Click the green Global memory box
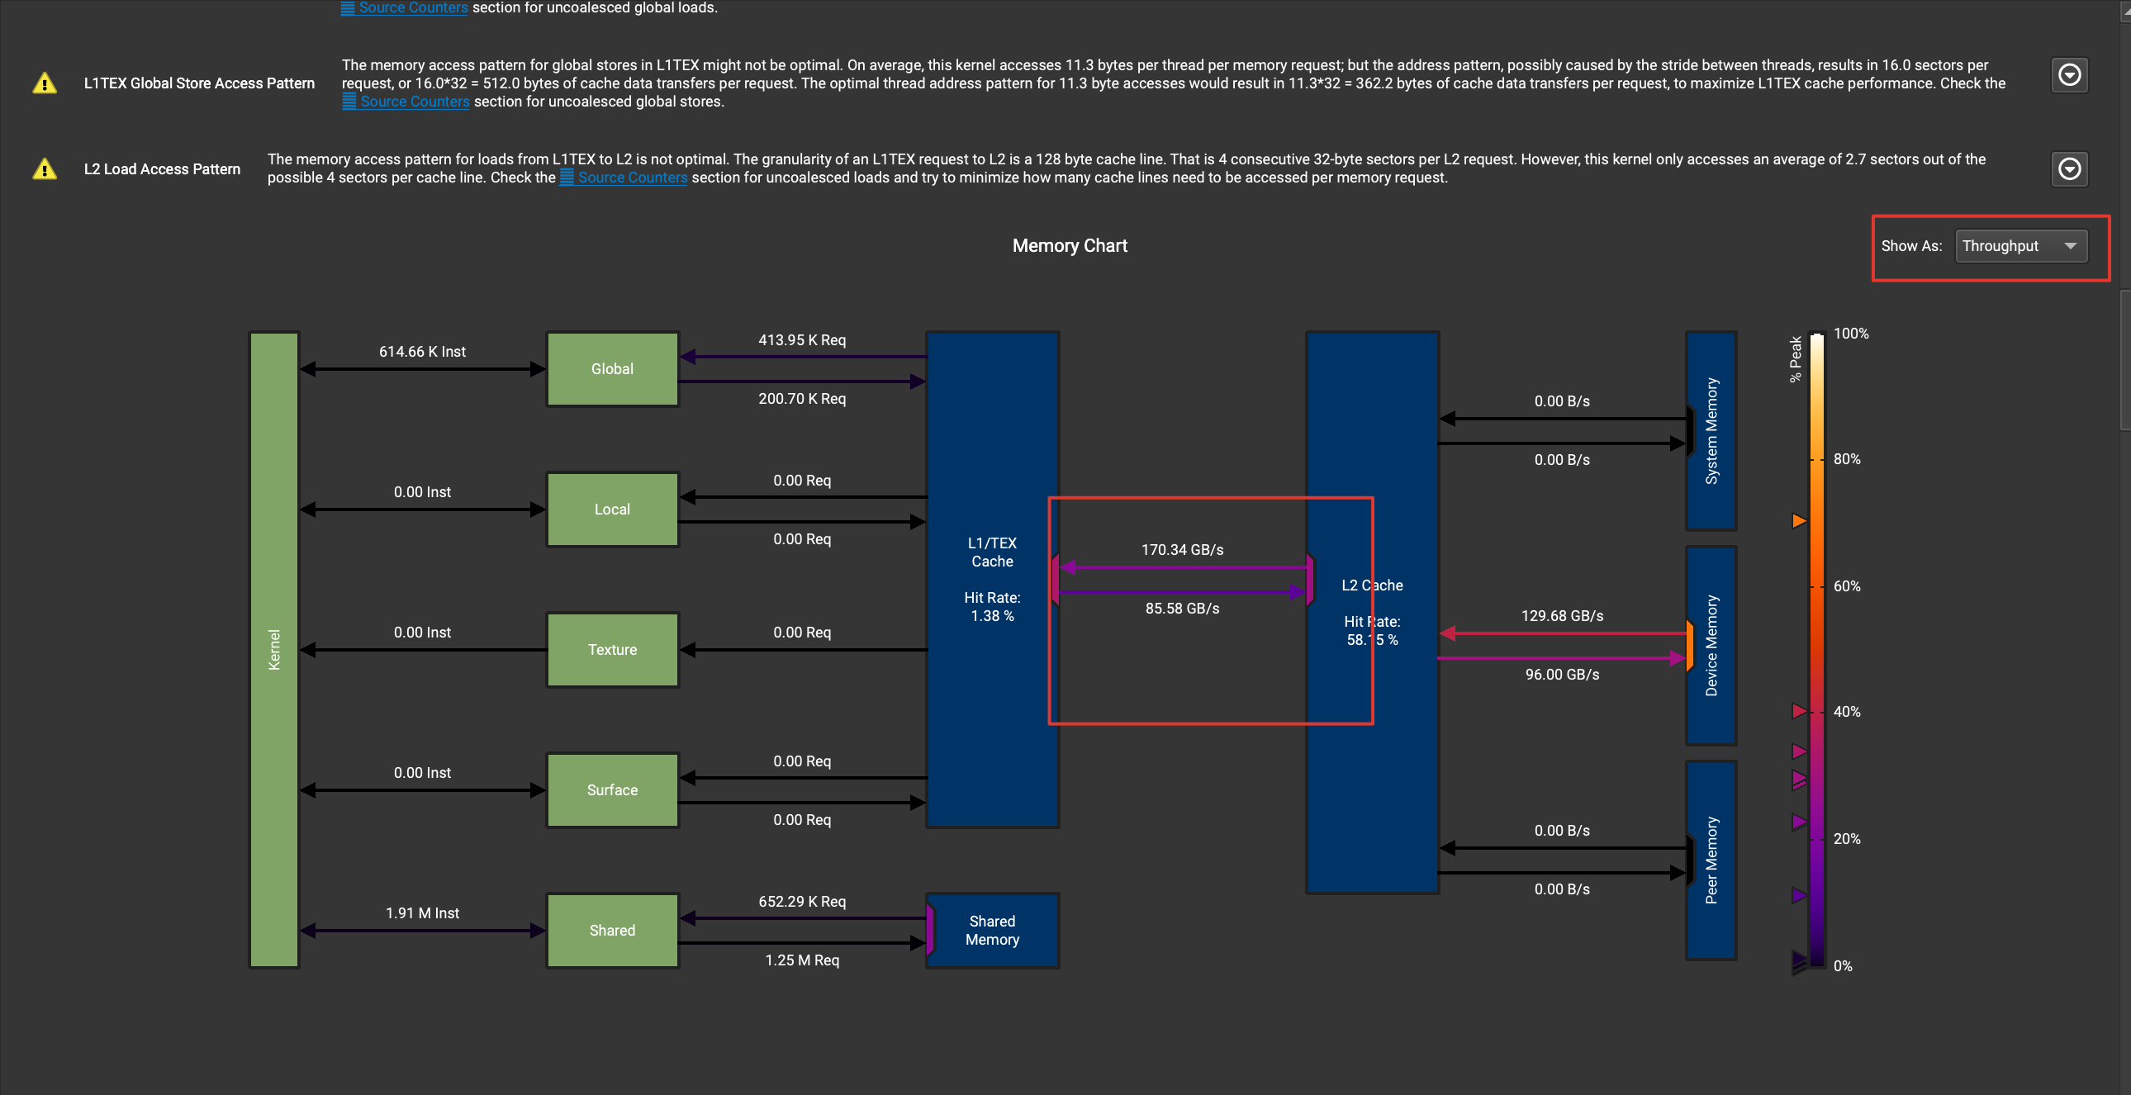[612, 369]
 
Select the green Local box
[612, 510]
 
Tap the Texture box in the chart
[612, 650]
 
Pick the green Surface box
[612, 789]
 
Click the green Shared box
[612, 931]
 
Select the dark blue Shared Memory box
[993, 931]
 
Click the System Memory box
[1711, 431]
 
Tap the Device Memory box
[1711, 646]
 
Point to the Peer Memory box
[1711, 860]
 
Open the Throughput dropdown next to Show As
[2021, 245]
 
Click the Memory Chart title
[1070, 245]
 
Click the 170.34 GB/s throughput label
[1182, 550]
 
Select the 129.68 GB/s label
[1562, 616]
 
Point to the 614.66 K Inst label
[422, 352]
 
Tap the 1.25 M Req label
[802, 960]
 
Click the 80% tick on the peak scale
[1846, 459]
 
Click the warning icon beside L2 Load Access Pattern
[45, 168]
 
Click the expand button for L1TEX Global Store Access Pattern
[2069, 75]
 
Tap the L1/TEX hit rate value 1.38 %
[992, 616]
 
